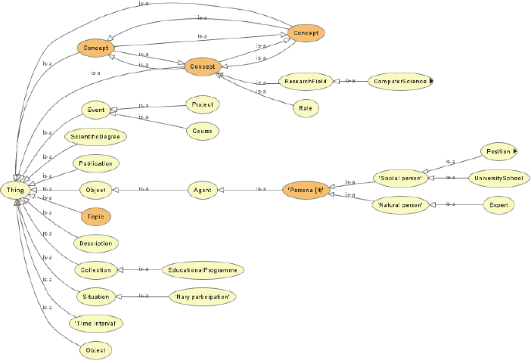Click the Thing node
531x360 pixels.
[x=15, y=189]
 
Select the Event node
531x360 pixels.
[x=95, y=110]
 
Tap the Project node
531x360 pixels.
[x=202, y=104]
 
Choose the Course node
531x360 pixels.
[x=202, y=130]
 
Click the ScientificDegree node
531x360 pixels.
[x=95, y=137]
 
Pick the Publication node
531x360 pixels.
[x=95, y=163]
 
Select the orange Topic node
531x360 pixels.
[x=95, y=216]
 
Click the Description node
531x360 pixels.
[x=95, y=243]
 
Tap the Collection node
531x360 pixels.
[x=95, y=269]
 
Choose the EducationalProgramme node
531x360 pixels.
[x=203, y=269]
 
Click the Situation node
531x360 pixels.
[x=95, y=296]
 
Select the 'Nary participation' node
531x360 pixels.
[x=202, y=296]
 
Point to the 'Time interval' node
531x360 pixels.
[x=95, y=323]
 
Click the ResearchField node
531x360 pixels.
[x=306, y=80]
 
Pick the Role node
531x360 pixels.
[x=306, y=108]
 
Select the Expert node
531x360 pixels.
[x=498, y=204]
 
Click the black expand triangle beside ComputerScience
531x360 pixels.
[x=430, y=80]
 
